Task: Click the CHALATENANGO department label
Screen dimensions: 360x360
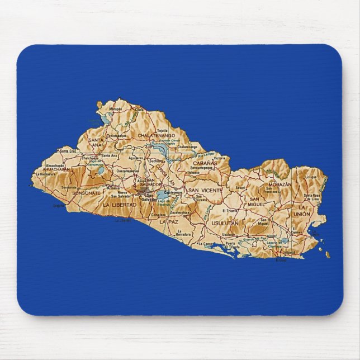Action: pyautogui.click(x=157, y=135)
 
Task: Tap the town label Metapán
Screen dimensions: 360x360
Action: pyautogui.click(x=116, y=109)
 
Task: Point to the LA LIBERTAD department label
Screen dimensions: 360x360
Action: pyautogui.click(x=119, y=205)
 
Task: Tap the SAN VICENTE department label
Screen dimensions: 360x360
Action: pyautogui.click(x=205, y=191)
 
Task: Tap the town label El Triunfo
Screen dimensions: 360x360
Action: pyautogui.click(x=230, y=210)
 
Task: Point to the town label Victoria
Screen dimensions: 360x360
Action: pyautogui.click(x=220, y=158)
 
